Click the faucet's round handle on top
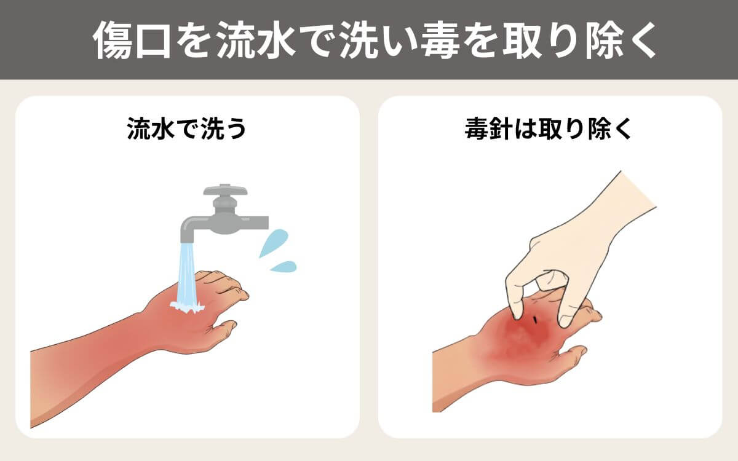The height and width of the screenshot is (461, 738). [x=225, y=190]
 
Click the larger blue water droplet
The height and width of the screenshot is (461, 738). [x=274, y=243]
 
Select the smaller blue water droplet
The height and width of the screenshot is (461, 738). [x=284, y=266]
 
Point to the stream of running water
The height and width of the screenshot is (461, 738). [x=187, y=274]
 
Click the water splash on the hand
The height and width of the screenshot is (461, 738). [x=187, y=306]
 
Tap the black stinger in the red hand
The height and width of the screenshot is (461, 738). [x=536, y=319]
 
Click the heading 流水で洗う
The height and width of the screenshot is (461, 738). [x=187, y=129]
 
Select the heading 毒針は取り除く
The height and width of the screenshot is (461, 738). [x=548, y=129]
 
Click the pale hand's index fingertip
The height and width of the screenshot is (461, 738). [x=515, y=312]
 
